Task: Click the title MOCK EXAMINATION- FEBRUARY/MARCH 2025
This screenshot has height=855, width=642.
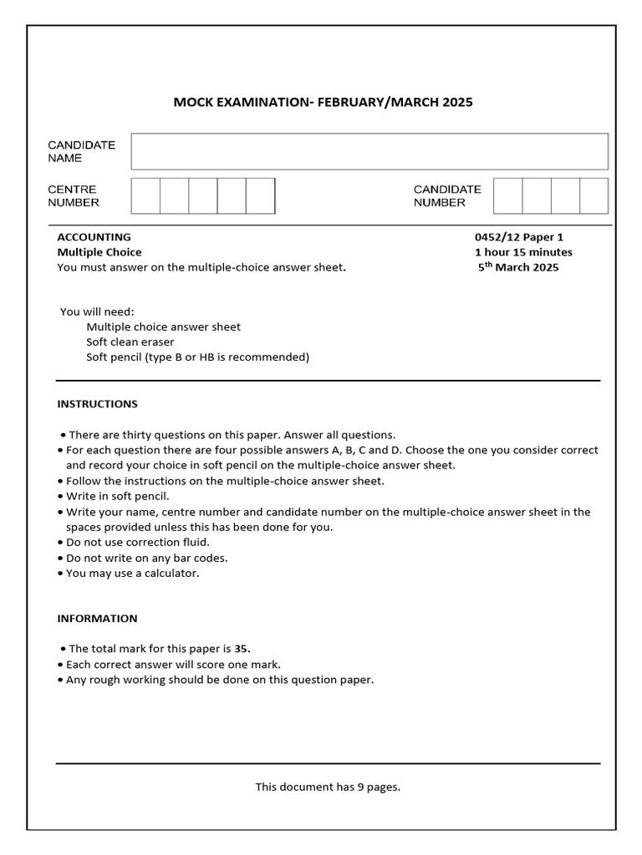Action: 323,103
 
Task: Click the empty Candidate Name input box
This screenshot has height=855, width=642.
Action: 369,151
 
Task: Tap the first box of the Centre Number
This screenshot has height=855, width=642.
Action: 145,195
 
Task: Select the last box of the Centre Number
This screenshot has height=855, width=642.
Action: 260,195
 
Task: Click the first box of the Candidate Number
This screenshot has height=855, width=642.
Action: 507,195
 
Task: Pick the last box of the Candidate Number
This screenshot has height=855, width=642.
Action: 594,195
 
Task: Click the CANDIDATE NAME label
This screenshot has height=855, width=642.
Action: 81,151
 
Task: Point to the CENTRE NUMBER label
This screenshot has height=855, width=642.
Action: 74,195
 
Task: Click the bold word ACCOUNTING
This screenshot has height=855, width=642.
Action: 94,237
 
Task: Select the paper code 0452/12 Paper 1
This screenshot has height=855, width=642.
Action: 519,237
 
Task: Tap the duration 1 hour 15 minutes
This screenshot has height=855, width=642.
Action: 523,252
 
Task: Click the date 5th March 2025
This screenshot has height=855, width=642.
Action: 518,267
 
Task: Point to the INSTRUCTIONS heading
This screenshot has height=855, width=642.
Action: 97,404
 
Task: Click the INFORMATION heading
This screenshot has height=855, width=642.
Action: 97,619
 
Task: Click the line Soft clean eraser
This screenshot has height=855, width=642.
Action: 130,342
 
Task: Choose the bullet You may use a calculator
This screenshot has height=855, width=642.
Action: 132,573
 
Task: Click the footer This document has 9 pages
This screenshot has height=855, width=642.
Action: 328,787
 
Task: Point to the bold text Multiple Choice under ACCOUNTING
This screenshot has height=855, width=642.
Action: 99,252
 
